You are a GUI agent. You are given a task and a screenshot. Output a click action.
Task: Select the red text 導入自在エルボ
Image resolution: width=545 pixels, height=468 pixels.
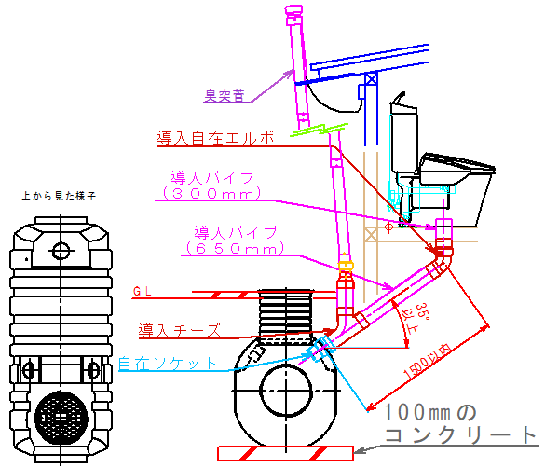(x=215, y=138)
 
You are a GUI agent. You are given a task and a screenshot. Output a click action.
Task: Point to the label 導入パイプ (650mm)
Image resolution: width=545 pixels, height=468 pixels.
(x=237, y=241)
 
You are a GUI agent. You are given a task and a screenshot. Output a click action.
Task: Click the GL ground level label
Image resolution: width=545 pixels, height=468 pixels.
(x=142, y=291)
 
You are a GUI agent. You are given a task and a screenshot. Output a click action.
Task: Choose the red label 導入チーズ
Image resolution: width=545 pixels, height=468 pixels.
(x=180, y=330)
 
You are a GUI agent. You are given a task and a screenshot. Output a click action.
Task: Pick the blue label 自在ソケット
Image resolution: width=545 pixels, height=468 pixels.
(x=169, y=363)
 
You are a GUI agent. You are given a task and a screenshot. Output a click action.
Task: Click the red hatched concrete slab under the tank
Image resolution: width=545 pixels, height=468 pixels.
(x=285, y=453)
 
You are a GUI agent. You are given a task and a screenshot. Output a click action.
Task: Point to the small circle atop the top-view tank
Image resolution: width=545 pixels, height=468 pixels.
(x=61, y=250)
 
